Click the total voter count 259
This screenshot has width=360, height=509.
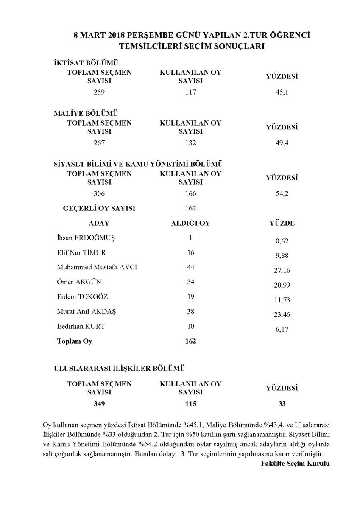(99, 92)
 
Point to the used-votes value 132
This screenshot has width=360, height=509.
(190, 143)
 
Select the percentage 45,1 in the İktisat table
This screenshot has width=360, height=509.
(282, 92)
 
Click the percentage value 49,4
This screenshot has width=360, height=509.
(282, 143)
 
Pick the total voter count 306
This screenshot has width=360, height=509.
(99, 193)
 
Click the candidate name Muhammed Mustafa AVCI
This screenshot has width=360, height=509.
(97, 267)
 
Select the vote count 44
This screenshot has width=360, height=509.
(190, 267)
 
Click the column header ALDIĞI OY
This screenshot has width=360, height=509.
(190, 223)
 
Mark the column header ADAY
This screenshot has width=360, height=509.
(99, 223)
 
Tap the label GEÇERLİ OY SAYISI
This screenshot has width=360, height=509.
(99, 208)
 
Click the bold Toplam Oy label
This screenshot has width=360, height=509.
(74, 341)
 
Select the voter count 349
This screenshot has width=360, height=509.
(99, 404)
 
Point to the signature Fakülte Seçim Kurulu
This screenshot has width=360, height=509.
(295, 463)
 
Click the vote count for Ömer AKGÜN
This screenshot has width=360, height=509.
(190, 282)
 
